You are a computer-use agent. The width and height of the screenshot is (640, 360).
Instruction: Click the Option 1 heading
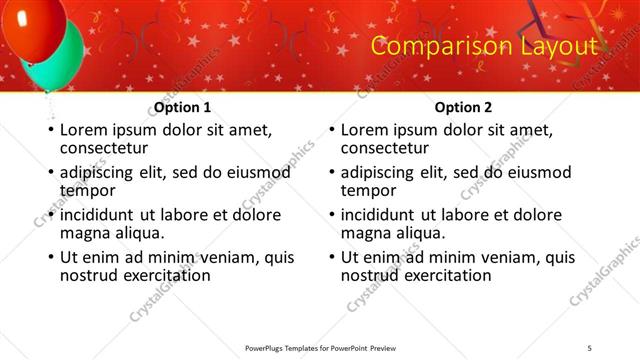tap(183, 107)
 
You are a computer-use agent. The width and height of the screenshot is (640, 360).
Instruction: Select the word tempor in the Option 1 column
tap(87, 190)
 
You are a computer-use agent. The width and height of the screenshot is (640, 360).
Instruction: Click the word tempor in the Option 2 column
tap(367, 190)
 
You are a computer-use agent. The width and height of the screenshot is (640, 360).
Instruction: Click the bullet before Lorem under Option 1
tap(51, 131)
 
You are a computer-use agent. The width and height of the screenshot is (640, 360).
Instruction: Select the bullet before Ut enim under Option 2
tap(331, 257)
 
